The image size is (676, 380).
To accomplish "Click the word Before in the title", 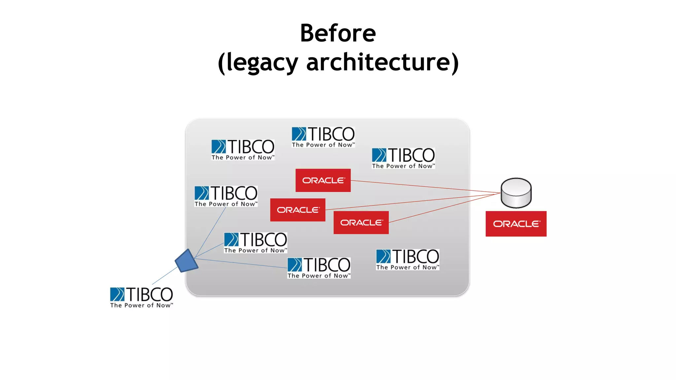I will pyautogui.click(x=338, y=33).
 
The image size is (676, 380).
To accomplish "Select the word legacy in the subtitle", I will pyautogui.click(x=262, y=62).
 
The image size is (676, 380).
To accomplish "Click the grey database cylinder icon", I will pyautogui.click(x=516, y=193).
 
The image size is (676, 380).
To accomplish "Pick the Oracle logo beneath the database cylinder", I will pyautogui.click(x=516, y=224).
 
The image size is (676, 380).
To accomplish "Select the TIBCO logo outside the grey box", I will pyautogui.click(x=141, y=297).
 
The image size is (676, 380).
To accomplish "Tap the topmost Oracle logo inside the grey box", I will pyautogui.click(x=323, y=180).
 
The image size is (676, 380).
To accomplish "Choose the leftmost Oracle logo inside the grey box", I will pyautogui.click(x=297, y=210).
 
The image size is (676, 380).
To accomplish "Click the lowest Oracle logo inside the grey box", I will pyautogui.click(x=361, y=223).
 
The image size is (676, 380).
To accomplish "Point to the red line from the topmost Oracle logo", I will pyautogui.click(x=426, y=186).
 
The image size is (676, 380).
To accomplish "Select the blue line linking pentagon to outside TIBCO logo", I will pyautogui.click(x=165, y=276).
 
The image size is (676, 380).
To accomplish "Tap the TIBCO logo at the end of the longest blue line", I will pyautogui.click(x=319, y=268).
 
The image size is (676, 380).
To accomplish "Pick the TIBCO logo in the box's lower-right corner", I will pyautogui.click(x=407, y=260).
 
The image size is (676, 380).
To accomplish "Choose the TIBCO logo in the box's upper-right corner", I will pyautogui.click(x=403, y=158).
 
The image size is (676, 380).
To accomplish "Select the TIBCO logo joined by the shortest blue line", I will pyautogui.click(x=255, y=242).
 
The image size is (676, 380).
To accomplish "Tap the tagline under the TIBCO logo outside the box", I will pyautogui.click(x=141, y=305).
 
